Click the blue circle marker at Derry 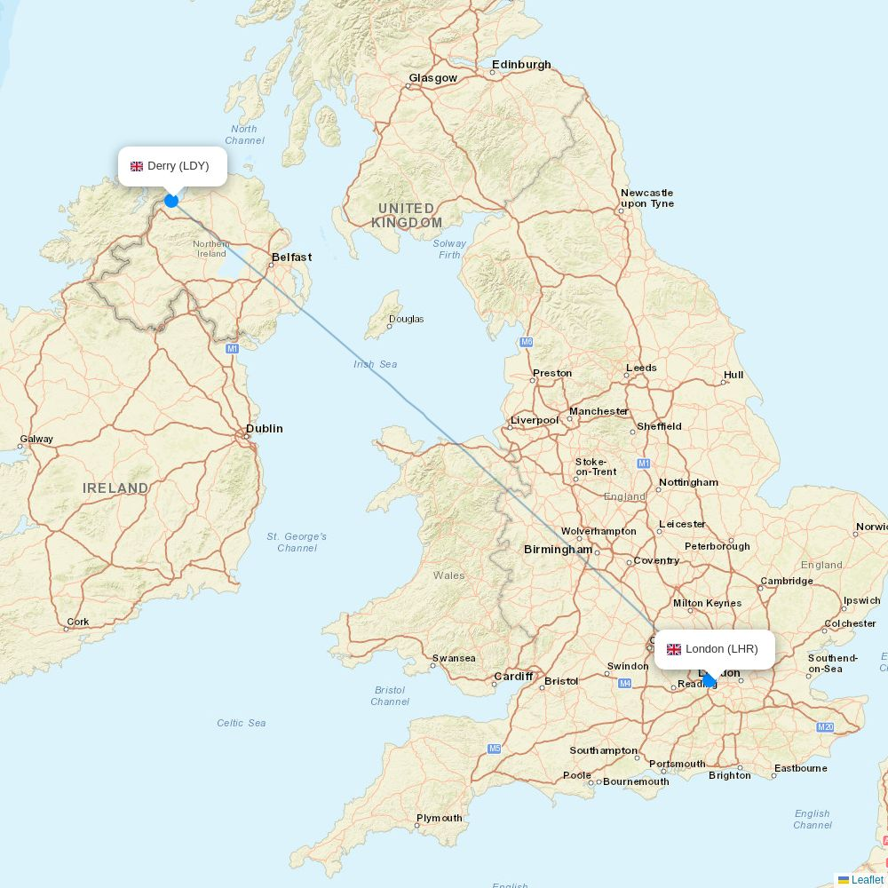[171, 201]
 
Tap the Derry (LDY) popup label [173, 166]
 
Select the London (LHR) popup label [715, 649]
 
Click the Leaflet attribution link [867, 880]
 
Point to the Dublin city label [265, 428]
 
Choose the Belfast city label [291, 258]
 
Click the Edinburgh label [522, 65]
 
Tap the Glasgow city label [433, 78]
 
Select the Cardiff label [513, 677]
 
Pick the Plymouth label [440, 818]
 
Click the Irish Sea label [376, 364]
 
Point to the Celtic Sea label [242, 723]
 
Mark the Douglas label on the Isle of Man [407, 319]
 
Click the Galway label [36, 439]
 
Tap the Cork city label [78, 622]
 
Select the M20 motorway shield [825, 727]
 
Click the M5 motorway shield [495, 749]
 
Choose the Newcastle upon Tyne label [647, 198]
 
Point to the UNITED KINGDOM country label [407, 216]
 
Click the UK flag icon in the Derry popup [137, 166]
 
